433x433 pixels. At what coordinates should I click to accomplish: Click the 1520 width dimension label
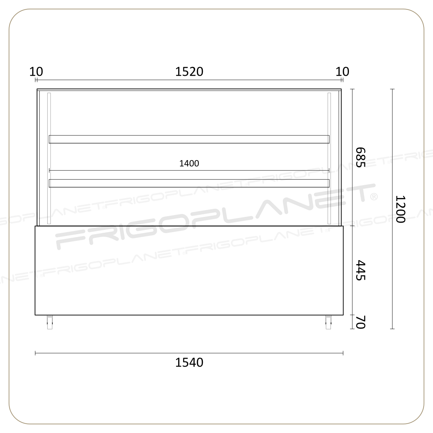click(x=189, y=72)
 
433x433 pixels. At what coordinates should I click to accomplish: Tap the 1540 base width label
click(x=189, y=362)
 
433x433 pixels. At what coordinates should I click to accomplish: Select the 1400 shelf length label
click(x=189, y=163)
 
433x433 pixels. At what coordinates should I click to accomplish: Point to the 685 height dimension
click(x=360, y=157)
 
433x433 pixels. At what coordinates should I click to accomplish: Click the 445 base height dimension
click(x=360, y=270)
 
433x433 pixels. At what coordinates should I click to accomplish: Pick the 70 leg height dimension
click(x=360, y=322)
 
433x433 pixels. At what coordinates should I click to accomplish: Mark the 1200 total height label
click(x=400, y=209)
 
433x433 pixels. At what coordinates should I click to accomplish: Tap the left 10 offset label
click(x=36, y=72)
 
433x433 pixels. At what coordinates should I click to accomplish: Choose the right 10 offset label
click(x=342, y=72)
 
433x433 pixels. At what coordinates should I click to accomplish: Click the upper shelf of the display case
click(x=189, y=139)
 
